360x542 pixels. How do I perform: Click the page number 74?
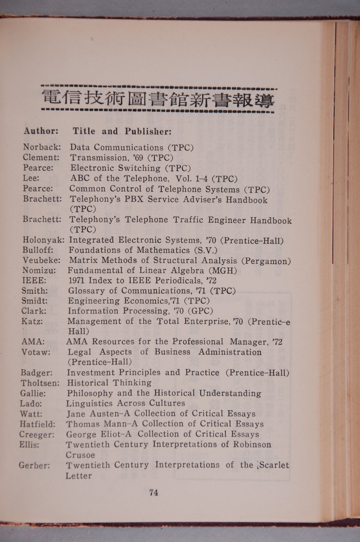pyautogui.click(x=153, y=492)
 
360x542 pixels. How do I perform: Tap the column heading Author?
pyautogui.click(x=41, y=131)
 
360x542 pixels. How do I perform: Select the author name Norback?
pyautogui.click(x=42, y=147)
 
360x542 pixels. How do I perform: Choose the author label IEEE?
pyautogui.click(x=34, y=280)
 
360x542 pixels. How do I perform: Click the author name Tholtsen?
pyautogui.click(x=40, y=383)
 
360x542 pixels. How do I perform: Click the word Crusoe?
pyautogui.click(x=80, y=455)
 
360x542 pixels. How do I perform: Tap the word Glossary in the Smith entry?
pyautogui.click(x=88, y=290)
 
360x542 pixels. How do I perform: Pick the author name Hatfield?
pyautogui.click(x=38, y=424)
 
